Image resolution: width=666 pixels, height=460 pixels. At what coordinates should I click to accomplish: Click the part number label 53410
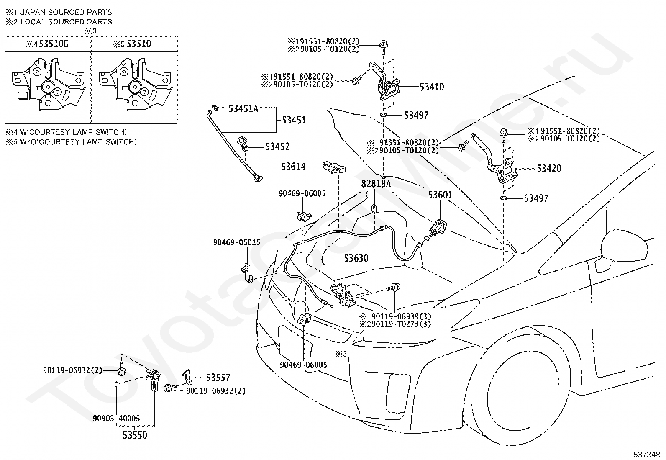[431, 87]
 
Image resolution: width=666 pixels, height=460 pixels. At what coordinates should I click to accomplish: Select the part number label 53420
[549, 168]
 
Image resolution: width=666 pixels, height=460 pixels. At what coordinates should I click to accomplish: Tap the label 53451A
[243, 108]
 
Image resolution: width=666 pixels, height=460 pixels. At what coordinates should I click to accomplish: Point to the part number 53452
[277, 146]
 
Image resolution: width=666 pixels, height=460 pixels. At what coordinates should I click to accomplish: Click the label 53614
[293, 167]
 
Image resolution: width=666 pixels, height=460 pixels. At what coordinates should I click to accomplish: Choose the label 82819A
[376, 184]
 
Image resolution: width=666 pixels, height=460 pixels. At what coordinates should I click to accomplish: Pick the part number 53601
[440, 195]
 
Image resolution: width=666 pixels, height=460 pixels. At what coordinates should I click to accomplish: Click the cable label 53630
[356, 258]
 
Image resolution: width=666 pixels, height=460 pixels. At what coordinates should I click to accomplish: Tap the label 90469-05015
[237, 242]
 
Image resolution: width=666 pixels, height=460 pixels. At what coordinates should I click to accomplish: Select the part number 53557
[218, 378]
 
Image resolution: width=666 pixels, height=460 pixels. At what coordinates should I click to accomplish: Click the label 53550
[135, 435]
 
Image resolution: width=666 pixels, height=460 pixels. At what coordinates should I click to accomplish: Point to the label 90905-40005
[116, 418]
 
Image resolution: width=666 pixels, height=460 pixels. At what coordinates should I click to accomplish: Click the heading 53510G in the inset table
[54, 44]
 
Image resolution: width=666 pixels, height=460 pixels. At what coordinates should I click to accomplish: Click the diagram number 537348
[646, 454]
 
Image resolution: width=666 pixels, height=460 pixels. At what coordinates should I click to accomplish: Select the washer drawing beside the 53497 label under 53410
[384, 115]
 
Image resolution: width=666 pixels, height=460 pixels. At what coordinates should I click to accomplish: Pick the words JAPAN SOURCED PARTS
[66, 12]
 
